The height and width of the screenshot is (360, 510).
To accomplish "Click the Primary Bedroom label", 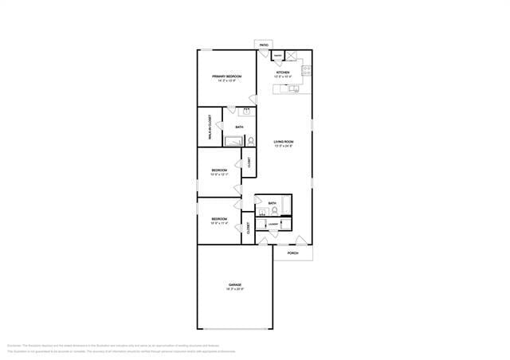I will click(226, 76).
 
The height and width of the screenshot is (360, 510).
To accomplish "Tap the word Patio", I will click(264, 45).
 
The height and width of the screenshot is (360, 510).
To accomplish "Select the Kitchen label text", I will click(283, 72).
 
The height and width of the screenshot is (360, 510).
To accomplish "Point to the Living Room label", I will click(284, 142).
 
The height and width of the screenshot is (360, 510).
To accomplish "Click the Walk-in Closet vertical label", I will click(210, 127).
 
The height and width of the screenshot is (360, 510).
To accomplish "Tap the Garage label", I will click(235, 284).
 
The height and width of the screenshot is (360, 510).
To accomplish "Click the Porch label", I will click(293, 253).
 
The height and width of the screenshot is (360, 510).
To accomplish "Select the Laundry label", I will click(273, 225).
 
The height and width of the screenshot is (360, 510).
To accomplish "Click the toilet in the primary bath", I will click(252, 142).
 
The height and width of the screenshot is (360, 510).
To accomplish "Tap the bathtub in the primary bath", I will click(233, 143).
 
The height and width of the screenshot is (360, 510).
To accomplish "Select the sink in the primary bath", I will click(247, 112).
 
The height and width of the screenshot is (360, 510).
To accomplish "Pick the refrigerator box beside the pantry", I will click(292, 56).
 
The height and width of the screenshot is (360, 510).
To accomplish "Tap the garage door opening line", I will click(235, 328).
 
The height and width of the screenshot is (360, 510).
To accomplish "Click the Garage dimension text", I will click(235, 289).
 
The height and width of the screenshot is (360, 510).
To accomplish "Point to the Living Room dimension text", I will click(284, 147).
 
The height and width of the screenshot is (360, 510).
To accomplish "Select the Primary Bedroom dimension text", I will click(226, 81).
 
